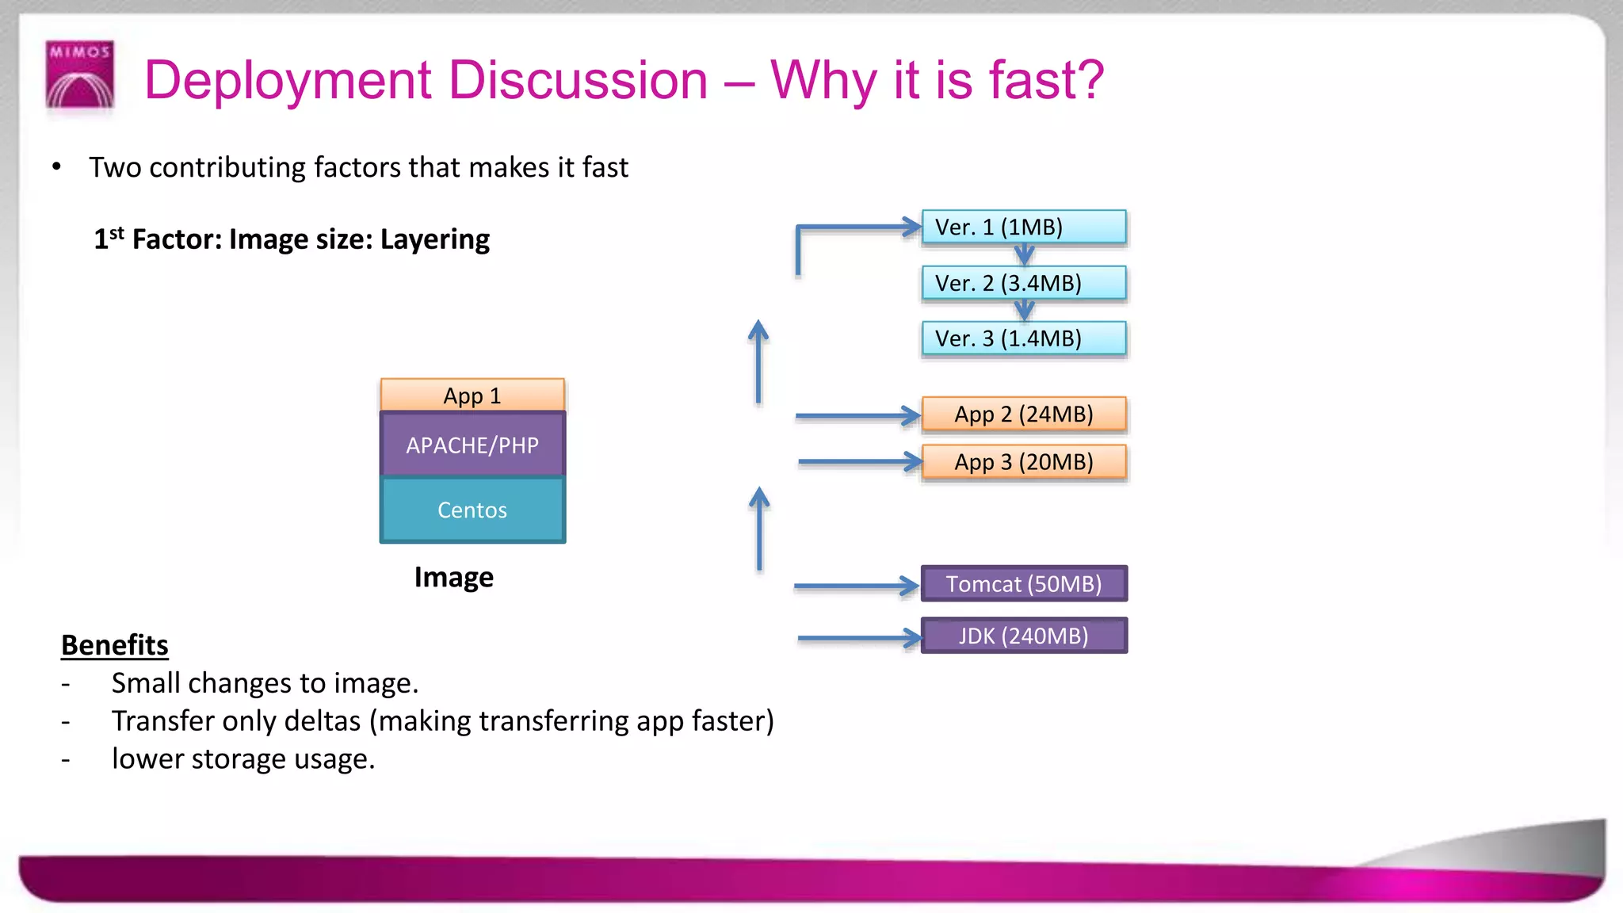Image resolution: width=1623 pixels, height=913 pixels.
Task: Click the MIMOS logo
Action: point(80,74)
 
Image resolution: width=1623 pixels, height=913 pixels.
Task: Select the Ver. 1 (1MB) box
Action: point(1023,227)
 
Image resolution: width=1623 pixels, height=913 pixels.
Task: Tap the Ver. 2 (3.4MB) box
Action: point(1023,283)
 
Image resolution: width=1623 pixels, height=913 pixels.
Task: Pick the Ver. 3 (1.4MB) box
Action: point(1023,338)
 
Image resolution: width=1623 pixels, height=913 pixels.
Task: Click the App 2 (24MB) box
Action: point(1023,414)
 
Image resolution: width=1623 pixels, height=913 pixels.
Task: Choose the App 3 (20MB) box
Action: point(1023,462)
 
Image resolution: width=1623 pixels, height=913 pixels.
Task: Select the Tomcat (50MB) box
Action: point(1023,584)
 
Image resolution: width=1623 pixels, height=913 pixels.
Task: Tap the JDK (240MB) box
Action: point(1023,636)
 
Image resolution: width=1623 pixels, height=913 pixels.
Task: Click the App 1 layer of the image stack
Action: point(472,395)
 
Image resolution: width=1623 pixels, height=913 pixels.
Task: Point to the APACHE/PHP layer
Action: point(472,445)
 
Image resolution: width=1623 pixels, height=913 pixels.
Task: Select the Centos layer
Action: point(472,510)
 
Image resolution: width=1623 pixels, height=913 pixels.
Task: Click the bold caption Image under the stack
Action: point(453,577)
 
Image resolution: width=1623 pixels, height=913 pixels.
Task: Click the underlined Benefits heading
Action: point(115,645)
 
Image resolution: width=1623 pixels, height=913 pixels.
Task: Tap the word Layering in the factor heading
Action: point(435,239)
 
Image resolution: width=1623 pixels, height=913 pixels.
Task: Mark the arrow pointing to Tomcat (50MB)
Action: point(856,586)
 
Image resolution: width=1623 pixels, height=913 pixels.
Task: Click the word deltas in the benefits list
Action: point(322,721)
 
